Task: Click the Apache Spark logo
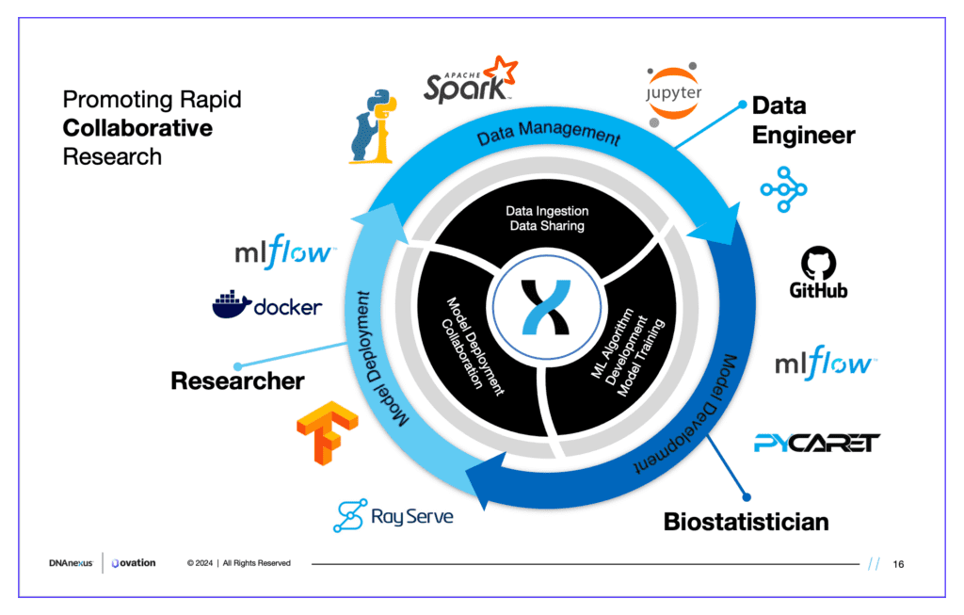471,80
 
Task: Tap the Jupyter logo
673,94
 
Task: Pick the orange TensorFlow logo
327,433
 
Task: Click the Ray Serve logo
394,515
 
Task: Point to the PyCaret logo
817,443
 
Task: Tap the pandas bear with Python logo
373,127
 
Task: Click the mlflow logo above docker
285,251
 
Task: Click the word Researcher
237,380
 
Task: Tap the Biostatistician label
747,522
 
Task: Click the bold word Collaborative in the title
137,128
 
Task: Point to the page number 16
898,564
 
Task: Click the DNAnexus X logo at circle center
546,307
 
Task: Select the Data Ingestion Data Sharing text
547,218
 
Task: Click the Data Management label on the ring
549,132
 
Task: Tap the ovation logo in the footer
134,562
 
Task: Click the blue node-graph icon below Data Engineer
784,189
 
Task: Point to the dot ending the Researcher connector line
238,366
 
